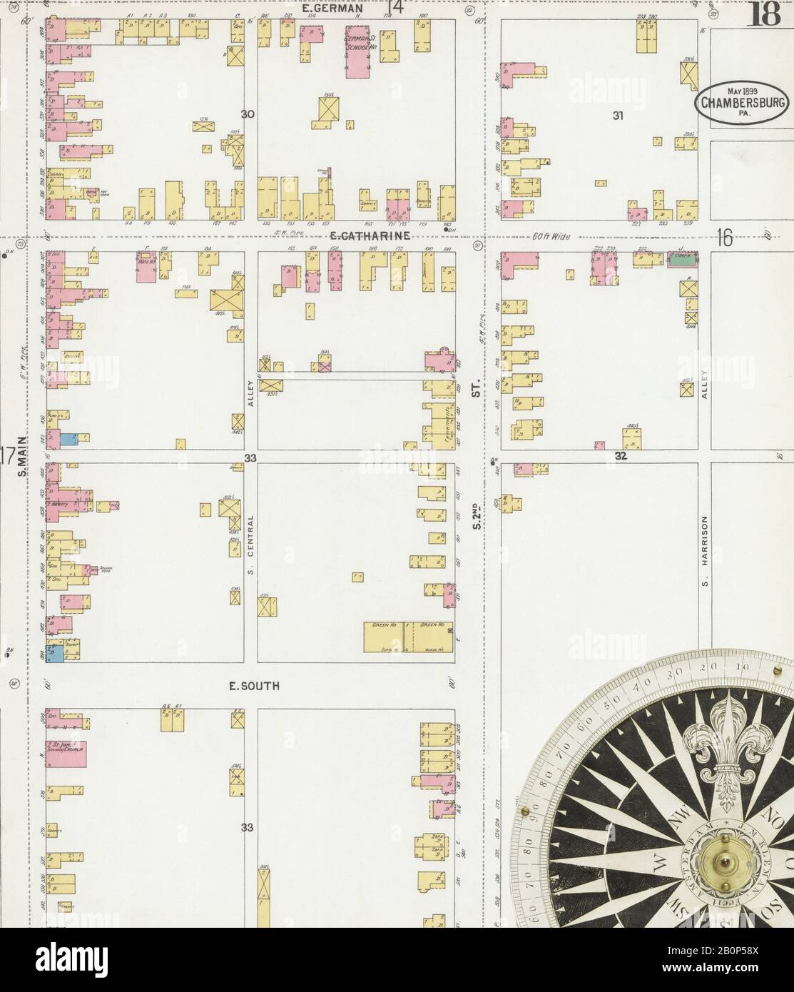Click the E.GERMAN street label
332,9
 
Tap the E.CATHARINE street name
369,235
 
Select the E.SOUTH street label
254,686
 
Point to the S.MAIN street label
22,456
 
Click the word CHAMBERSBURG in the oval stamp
743,102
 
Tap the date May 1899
743,91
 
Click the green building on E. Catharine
682,260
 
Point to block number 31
618,115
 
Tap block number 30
248,114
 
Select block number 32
621,456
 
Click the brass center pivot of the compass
726,862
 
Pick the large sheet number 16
725,240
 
